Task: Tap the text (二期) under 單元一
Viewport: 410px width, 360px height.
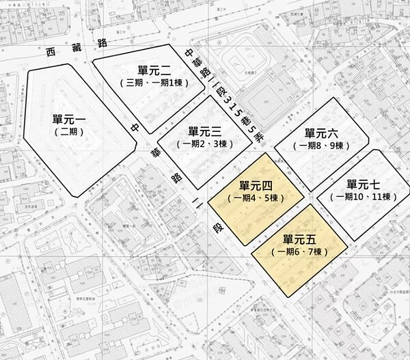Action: pos(68,133)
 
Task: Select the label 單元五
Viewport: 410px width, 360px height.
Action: pos(299,240)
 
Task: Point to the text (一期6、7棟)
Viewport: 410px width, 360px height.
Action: pos(300,252)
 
